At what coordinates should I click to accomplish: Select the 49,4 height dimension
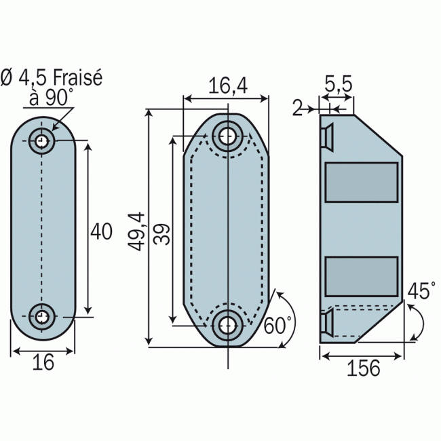[x=136, y=231]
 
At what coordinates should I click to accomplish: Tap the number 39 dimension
[x=161, y=234]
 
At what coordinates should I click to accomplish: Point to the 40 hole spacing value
[x=101, y=231]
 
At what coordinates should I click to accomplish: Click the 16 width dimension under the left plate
[x=43, y=362]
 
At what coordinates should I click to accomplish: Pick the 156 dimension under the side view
[x=364, y=368]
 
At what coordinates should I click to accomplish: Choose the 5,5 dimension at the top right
[x=339, y=83]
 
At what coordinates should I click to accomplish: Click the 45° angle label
[x=419, y=290]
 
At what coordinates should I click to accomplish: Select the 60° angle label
[x=278, y=325]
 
